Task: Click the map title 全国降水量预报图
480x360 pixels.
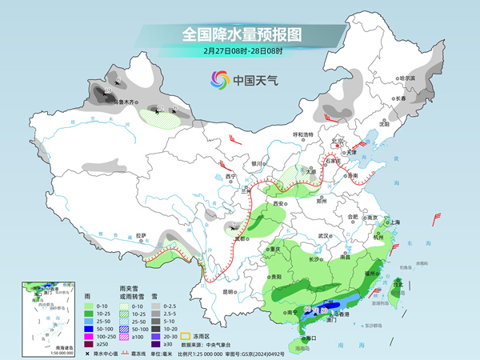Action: tap(240, 34)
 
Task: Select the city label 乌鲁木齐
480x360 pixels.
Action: tap(126, 102)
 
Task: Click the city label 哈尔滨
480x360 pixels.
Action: tap(408, 78)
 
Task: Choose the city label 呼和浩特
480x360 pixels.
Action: tap(304, 134)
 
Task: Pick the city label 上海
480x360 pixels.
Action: tap(392, 222)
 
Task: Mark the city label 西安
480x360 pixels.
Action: tap(279, 205)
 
